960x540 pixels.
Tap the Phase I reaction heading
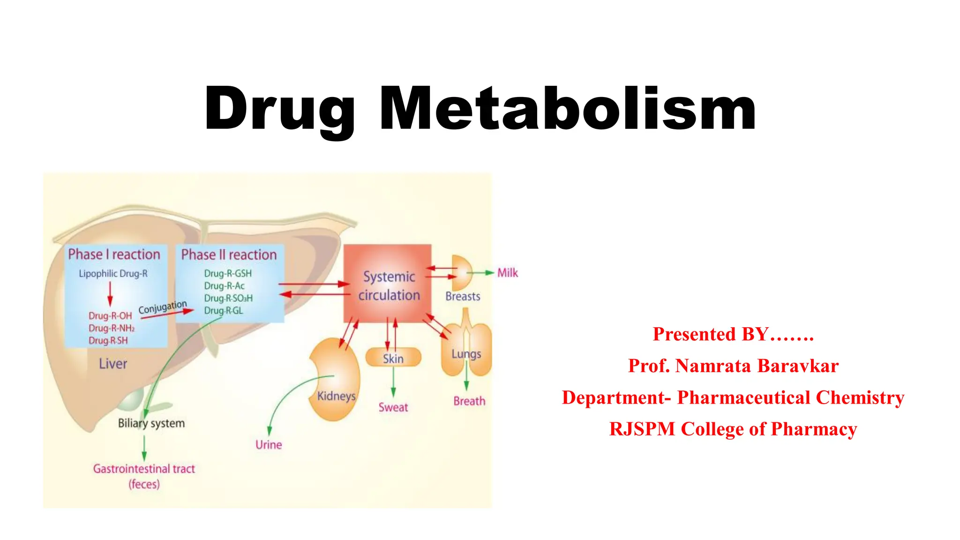pos(114,255)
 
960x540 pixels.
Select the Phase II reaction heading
pos(229,255)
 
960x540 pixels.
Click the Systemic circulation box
pos(388,284)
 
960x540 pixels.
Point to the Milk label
pos(508,273)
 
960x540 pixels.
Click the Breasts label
pos(463,297)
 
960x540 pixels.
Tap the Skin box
pos(393,359)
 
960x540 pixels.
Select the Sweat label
pos(393,407)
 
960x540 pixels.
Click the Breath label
pos(469,401)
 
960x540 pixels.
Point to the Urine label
pos(269,445)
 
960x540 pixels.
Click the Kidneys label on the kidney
pos(336,396)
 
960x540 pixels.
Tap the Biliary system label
pos(151,423)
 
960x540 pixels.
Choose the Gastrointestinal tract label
pos(144,469)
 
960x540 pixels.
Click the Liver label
pos(113,364)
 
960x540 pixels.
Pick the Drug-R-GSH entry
pos(228,273)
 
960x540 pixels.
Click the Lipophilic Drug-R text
pos(113,274)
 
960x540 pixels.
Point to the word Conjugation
pos(162,307)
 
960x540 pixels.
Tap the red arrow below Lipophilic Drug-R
pos(110,294)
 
